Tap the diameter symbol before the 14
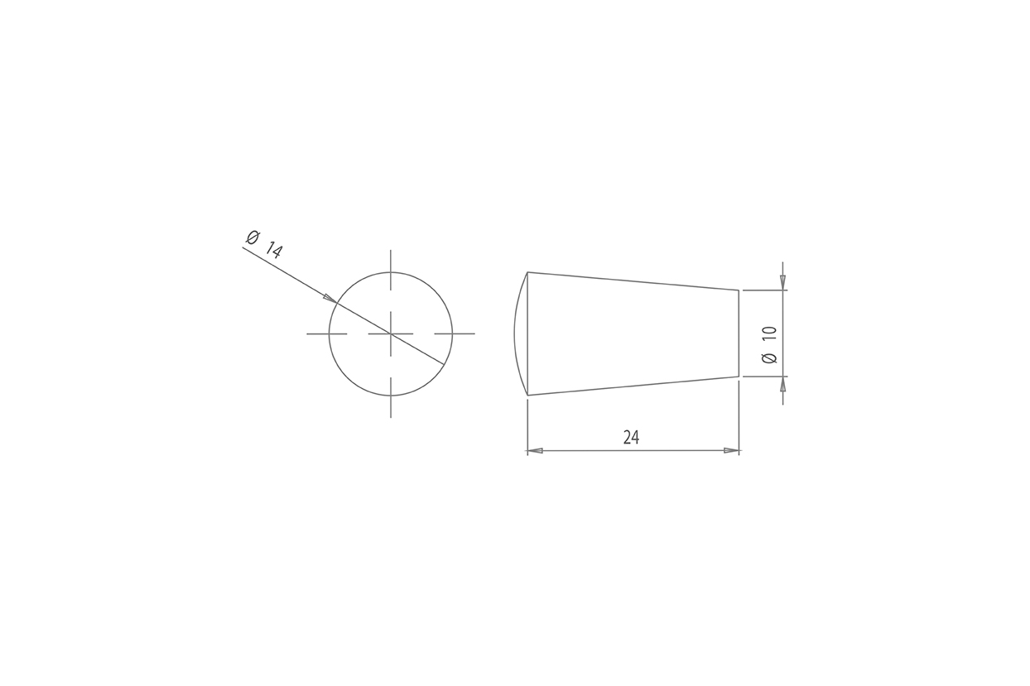coord(253,237)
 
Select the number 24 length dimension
coord(632,438)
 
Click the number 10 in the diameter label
coord(769,333)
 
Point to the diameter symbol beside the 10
coord(769,358)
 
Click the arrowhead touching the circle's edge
coord(330,298)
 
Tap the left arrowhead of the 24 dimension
coord(535,450)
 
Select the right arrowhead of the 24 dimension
coord(731,450)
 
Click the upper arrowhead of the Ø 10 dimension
coord(782,282)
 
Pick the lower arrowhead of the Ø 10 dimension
coord(782,384)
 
